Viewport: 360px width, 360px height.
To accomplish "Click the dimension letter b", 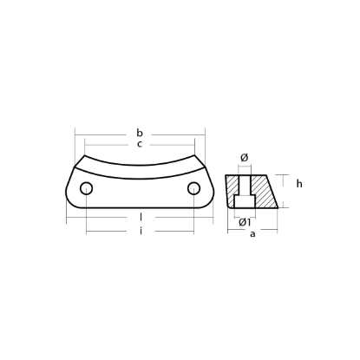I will tap(139, 133).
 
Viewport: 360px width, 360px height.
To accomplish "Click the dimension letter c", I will tap(139, 144).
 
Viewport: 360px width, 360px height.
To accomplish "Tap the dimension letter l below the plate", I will tap(140, 216).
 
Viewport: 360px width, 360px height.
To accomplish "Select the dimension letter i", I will tap(140, 230).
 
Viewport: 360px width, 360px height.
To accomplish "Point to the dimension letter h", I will tap(298, 184).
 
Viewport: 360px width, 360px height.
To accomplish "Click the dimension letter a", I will tap(252, 234).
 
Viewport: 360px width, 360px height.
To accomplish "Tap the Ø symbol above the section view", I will tap(244, 157).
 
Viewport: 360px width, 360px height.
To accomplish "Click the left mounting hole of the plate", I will tap(86, 190).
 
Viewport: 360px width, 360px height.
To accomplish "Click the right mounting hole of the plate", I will tap(193, 190).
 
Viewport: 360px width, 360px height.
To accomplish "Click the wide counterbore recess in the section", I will tap(244, 202).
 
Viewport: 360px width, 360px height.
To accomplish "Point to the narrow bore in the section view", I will tap(244, 185).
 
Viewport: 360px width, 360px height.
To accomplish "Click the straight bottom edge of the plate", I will tap(139, 208).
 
